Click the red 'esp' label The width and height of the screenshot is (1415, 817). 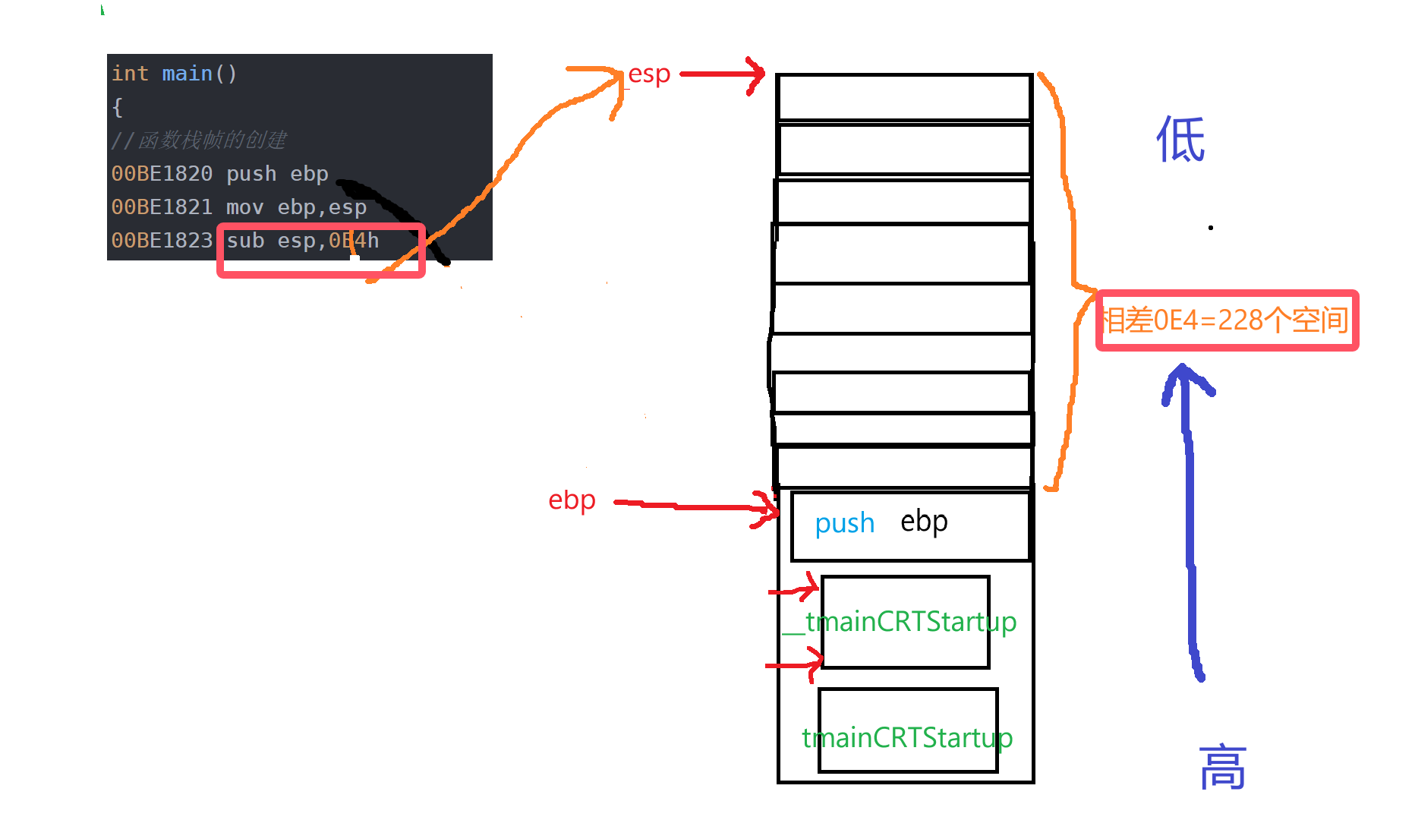[649, 74]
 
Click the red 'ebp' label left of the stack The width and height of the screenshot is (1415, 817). [572, 500]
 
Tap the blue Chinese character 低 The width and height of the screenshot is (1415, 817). [1180, 140]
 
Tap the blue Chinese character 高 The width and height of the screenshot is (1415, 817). [1222, 768]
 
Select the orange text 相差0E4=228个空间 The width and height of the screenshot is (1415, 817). [1226, 320]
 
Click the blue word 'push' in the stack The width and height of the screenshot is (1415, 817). [844, 523]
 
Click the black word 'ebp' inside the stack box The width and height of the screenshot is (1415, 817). [924, 522]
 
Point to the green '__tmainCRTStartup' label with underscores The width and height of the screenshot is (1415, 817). [900, 622]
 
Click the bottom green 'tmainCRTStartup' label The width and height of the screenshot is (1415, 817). [907, 737]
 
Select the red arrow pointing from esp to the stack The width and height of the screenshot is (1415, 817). [721, 74]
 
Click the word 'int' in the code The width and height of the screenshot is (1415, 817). [130, 74]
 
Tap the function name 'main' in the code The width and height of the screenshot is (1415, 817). [187, 74]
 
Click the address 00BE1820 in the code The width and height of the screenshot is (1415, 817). [162, 174]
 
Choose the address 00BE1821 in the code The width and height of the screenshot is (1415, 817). [162, 207]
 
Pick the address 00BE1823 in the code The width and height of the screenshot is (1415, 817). [162, 241]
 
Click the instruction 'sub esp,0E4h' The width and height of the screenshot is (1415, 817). [302, 241]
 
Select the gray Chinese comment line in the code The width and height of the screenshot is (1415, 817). [199, 140]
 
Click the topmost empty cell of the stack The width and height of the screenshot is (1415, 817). [903, 97]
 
